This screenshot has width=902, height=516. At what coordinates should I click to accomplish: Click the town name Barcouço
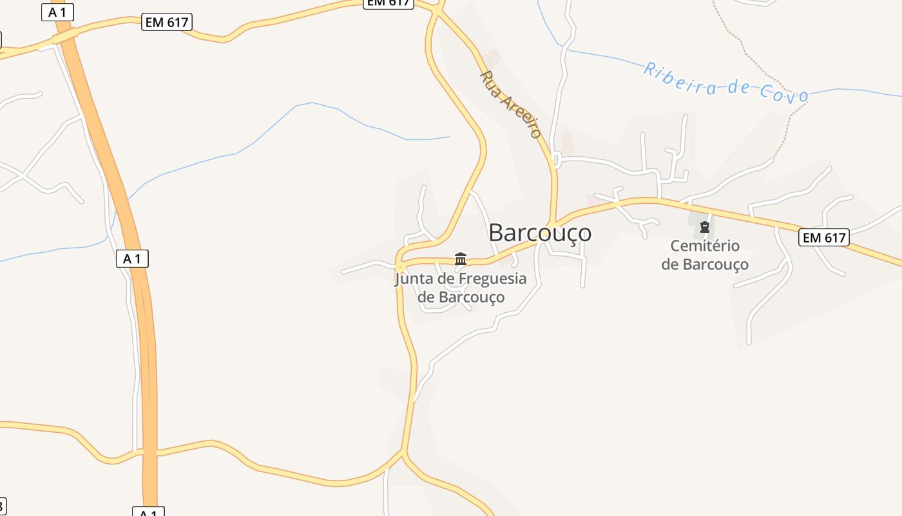click(x=539, y=232)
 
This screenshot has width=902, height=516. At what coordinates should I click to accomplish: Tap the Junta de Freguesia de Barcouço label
click(x=461, y=288)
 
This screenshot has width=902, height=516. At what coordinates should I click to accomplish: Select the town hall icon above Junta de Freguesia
click(x=461, y=259)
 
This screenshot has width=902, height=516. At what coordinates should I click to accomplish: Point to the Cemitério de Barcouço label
click(x=705, y=255)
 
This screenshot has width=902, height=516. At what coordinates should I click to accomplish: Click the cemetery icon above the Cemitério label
click(x=705, y=227)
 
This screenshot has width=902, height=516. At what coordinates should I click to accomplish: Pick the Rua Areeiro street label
click(x=510, y=104)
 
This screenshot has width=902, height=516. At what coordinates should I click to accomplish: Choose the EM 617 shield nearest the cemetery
click(x=824, y=237)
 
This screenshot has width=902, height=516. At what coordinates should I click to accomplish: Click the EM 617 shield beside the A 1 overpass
click(x=167, y=22)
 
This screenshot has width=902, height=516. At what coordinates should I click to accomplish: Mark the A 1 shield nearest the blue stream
click(x=132, y=259)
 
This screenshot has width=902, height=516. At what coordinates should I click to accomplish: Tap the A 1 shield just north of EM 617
click(x=57, y=12)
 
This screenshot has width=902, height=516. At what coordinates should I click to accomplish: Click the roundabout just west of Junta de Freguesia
click(x=400, y=266)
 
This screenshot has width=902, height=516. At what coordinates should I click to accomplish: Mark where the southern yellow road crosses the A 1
click(x=149, y=451)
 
